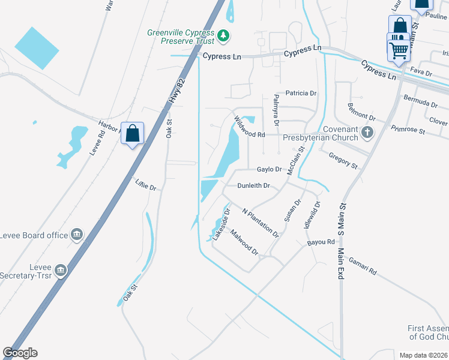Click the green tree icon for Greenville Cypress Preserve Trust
[x=224, y=35]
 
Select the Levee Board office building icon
[x=77, y=235]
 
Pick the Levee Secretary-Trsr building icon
[x=60, y=271]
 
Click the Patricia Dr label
[x=301, y=94]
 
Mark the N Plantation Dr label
[x=261, y=222]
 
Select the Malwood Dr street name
[x=244, y=244]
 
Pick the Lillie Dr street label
[x=146, y=184]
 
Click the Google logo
[x=20, y=353]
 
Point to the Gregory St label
[x=343, y=160]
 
